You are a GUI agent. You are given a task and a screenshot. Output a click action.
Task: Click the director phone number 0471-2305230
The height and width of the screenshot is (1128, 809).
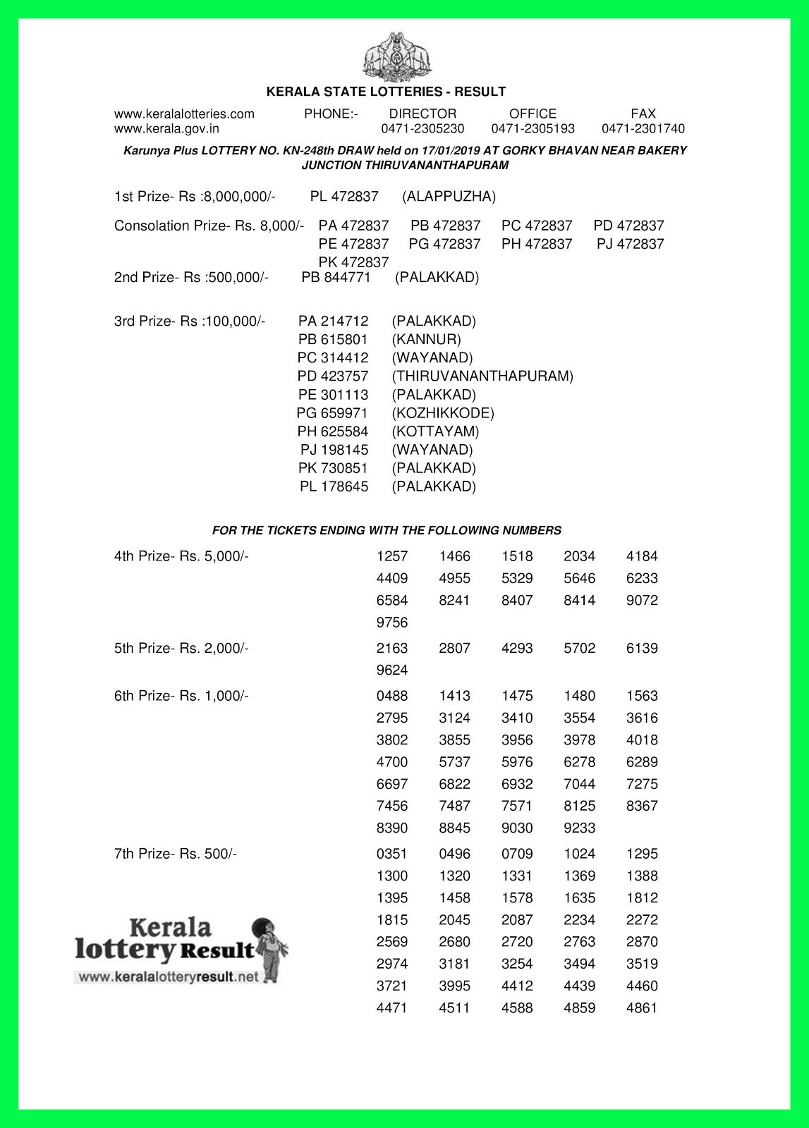pyautogui.click(x=422, y=129)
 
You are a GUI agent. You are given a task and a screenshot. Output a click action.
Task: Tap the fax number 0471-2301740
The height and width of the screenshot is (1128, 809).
pyautogui.click(x=643, y=129)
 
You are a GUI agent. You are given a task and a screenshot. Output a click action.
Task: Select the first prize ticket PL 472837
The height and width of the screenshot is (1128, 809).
pyautogui.click(x=344, y=197)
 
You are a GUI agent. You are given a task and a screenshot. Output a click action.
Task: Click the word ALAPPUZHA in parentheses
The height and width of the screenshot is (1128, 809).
pyautogui.click(x=449, y=197)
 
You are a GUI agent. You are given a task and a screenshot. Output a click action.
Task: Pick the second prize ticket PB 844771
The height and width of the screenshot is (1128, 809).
pyautogui.click(x=336, y=278)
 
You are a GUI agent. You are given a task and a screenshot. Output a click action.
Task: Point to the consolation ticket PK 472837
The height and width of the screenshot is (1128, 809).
pyautogui.click(x=353, y=262)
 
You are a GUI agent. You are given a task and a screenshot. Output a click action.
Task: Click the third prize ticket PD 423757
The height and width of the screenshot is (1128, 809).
pyautogui.click(x=333, y=376)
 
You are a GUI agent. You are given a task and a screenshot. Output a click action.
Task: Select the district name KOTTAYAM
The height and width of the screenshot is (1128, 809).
pyautogui.click(x=435, y=431)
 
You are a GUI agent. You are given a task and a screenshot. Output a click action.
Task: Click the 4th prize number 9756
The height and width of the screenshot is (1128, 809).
pyautogui.click(x=392, y=623)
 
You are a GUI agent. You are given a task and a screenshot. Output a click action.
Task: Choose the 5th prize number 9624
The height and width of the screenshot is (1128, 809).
pyautogui.click(x=392, y=670)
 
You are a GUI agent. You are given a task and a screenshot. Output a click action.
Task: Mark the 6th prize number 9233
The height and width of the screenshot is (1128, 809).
pyautogui.click(x=579, y=828)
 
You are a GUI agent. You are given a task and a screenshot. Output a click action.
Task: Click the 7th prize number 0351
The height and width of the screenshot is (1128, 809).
pyautogui.click(x=392, y=854)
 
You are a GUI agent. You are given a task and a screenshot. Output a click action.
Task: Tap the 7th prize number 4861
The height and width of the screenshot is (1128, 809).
pyautogui.click(x=642, y=1008)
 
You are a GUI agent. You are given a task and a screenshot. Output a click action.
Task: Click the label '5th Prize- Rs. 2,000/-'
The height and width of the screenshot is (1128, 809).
pyautogui.click(x=181, y=648)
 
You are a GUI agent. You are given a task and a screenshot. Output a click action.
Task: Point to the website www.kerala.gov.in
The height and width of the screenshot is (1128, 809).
pyautogui.click(x=166, y=129)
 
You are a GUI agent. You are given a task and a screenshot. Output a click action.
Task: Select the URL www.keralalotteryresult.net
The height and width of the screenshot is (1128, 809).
pyautogui.click(x=168, y=977)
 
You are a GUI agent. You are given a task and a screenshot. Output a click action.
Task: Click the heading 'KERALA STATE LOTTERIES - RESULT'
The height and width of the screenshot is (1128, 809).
pyautogui.click(x=386, y=92)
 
